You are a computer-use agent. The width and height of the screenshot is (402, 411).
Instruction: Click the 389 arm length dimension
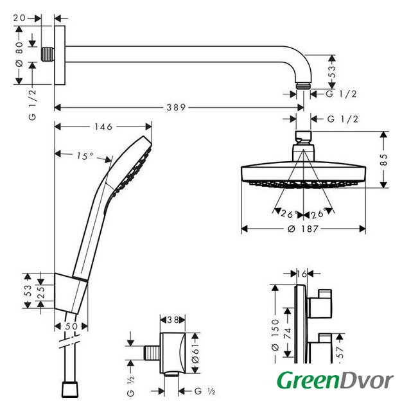(176, 107)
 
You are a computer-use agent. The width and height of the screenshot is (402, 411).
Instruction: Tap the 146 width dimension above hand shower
(103, 127)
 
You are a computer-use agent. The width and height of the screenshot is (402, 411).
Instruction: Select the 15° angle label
(85, 156)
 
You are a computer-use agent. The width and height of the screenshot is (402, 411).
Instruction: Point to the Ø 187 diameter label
(303, 229)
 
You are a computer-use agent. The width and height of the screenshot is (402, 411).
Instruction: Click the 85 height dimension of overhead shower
(383, 159)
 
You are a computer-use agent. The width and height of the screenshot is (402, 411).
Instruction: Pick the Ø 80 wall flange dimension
(19, 55)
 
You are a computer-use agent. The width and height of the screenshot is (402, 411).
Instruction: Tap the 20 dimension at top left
(20, 18)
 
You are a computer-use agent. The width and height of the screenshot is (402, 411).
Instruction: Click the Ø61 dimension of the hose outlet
(195, 353)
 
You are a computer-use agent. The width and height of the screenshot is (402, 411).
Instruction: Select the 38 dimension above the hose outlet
(173, 320)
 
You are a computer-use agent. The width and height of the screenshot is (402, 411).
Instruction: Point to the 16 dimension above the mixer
(302, 274)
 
